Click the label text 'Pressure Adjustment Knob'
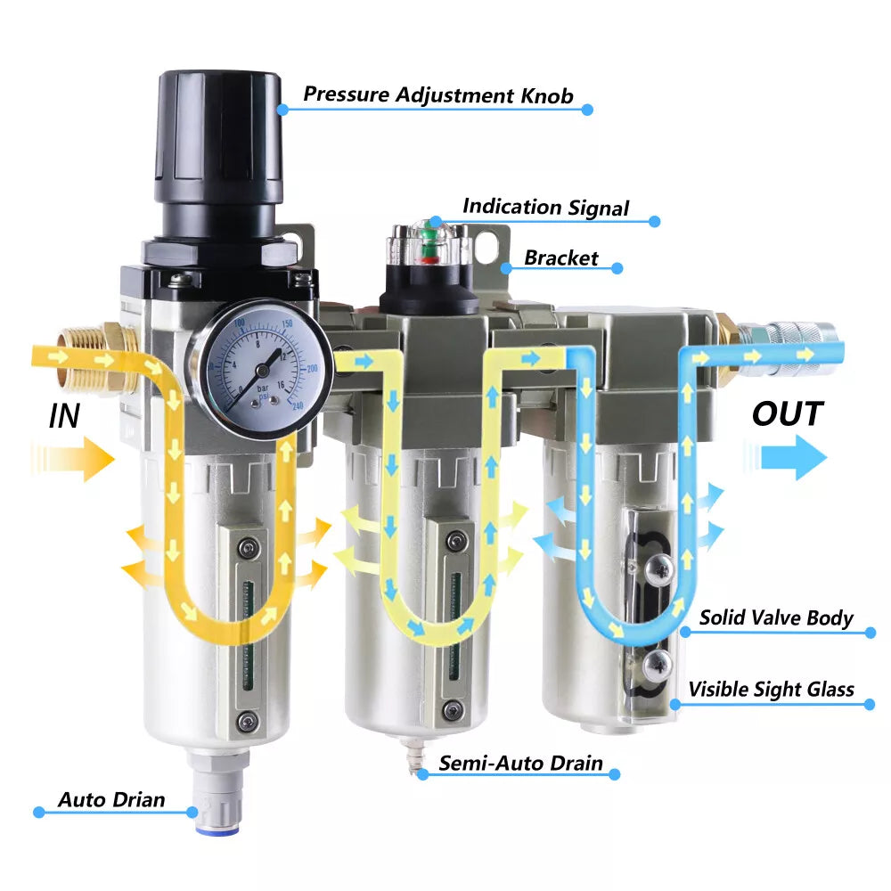(438, 95)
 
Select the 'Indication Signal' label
(545, 207)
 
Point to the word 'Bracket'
(560, 258)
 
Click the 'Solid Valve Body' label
(776, 617)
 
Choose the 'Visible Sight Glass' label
(771, 690)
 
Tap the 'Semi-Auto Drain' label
(520, 763)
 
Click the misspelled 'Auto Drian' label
(111, 799)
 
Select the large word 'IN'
(64, 416)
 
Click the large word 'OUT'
(788, 413)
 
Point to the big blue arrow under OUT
(785, 457)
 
